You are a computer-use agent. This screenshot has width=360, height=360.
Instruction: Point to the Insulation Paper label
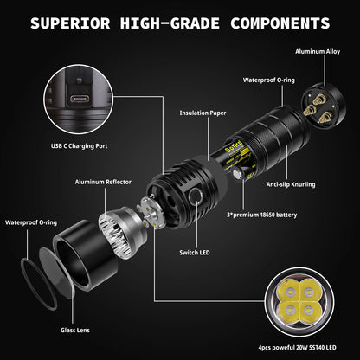pyautogui.click(x=204, y=112)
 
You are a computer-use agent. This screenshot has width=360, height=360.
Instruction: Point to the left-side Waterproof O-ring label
pyautogui.click(x=34, y=222)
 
